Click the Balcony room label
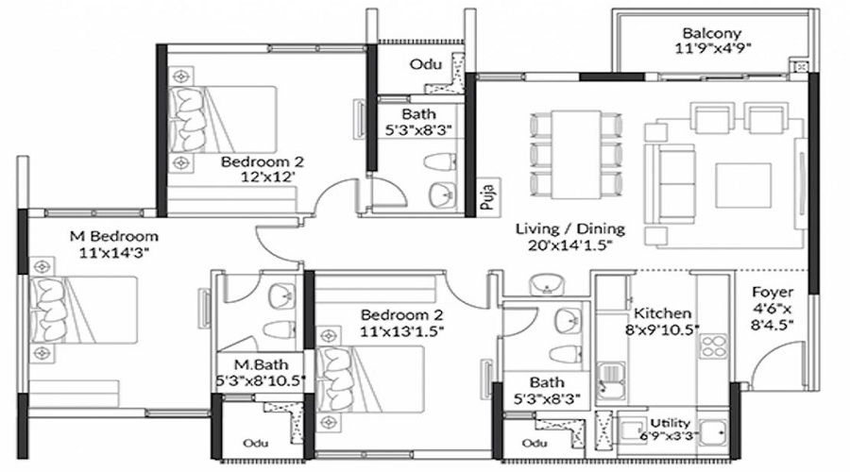[712, 33]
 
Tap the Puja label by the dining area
[486, 197]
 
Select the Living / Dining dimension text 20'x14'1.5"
[570, 245]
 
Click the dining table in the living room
[576, 155]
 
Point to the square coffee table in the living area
[743, 185]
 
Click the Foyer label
[773, 292]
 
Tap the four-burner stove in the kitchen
[713, 346]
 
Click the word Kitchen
[662, 313]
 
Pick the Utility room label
[670, 423]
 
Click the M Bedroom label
[114, 236]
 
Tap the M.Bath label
[261, 364]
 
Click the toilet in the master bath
[280, 329]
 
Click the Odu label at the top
[426, 64]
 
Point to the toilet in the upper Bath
[439, 161]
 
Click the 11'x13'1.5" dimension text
[401, 331]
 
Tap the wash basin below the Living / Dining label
[547, 284]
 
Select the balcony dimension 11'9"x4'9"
[712, 48]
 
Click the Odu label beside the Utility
[534, 443]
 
